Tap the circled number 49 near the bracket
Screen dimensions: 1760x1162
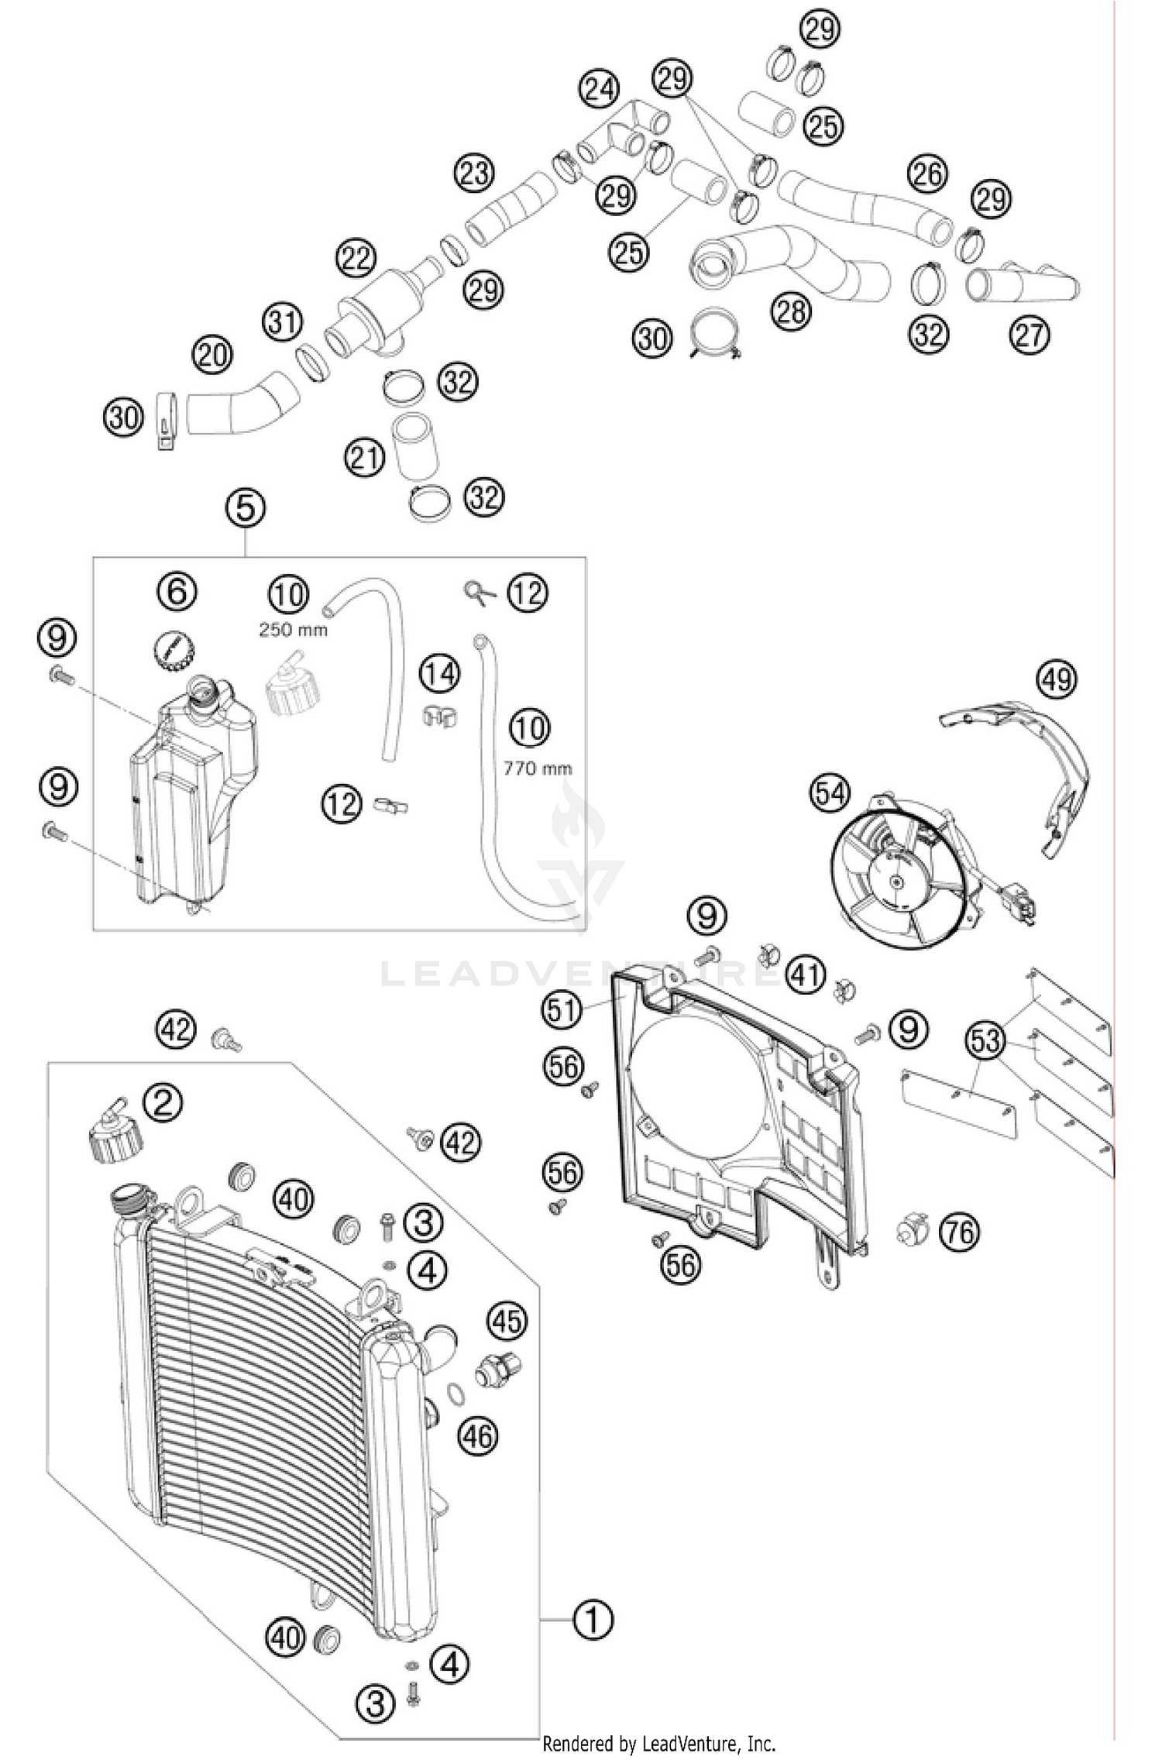coord(1057,679)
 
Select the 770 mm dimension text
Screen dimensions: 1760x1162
coord(538,768)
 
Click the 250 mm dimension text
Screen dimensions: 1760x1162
coord(293,629)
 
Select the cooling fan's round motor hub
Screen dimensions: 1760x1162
coord(897,880)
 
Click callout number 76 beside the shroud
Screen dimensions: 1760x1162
coord(959,1231)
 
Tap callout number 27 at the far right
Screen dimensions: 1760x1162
coord(1030,335)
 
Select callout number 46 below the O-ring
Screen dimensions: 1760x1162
coord(478,1435)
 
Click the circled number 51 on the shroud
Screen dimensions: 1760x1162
coord(562,1009)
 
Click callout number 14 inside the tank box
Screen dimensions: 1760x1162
coord(439,674)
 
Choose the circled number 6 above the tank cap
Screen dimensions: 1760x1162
coord(177,591)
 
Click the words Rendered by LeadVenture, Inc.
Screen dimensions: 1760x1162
coord(658,1743)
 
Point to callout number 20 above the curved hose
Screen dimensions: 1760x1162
coord(212,356)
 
